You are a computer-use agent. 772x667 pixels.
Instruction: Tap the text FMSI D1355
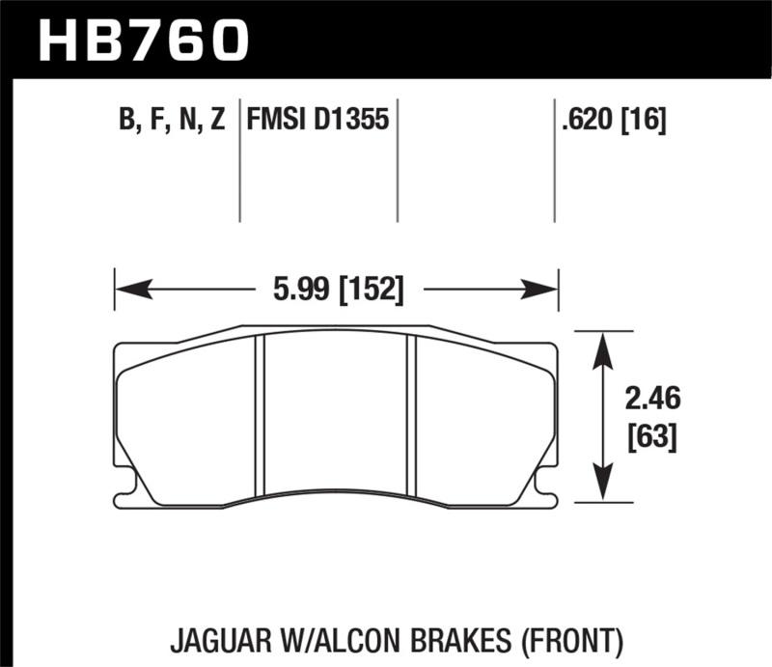317,121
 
